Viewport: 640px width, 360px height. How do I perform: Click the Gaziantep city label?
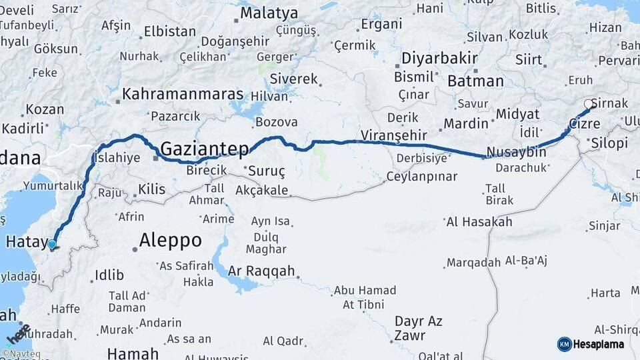point(205,147)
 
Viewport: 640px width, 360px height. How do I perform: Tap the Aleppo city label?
point(170,240)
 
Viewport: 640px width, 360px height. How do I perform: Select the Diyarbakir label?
point(439,58)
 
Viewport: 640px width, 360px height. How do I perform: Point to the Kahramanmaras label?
point(183,94)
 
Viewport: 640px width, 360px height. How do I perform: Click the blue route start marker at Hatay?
point(52,245)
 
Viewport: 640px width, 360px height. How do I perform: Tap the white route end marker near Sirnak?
point(589,104)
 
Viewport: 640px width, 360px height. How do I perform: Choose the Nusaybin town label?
point(516,152)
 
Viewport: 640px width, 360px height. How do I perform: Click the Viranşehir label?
point(393,135)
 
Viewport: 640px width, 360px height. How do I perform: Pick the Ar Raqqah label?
point(261,271)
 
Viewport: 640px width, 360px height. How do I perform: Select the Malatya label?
point(269,13)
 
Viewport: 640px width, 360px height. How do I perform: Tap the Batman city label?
point(475,81)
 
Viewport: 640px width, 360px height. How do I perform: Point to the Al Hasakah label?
point(479,222)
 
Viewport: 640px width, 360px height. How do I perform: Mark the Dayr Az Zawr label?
point(418,328)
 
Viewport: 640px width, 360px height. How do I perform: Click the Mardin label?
point(466,123)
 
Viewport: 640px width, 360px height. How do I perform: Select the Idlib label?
point(109,275)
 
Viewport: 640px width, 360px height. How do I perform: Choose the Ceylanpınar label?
point(422,177)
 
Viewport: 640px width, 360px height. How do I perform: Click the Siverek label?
point(294,79)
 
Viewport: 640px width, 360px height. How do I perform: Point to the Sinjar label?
point(604,225)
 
